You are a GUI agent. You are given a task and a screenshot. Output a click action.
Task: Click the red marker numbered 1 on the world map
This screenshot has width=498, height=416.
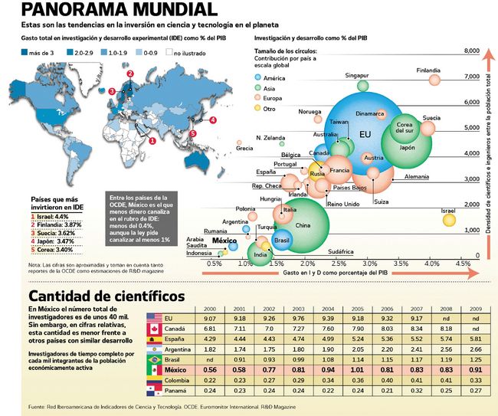152,140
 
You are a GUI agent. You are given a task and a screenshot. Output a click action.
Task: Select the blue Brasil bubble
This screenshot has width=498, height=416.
281,240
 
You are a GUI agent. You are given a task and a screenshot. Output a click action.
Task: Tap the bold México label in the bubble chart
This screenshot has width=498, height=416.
224,241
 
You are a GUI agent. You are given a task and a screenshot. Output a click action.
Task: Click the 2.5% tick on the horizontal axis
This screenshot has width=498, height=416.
336,264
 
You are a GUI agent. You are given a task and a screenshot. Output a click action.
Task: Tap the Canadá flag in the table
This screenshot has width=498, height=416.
156,329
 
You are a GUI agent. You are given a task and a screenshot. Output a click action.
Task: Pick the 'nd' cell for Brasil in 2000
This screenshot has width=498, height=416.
210,357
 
